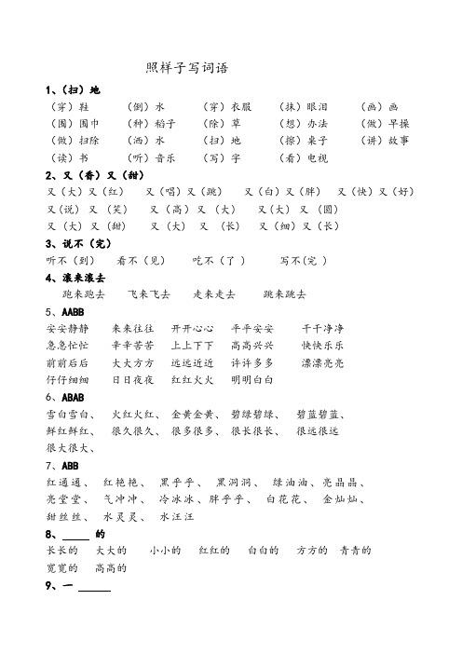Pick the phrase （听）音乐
click(151, 157)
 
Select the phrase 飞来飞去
click(149, 293)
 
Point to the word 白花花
click(284, 499)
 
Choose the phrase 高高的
click(110, 567)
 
